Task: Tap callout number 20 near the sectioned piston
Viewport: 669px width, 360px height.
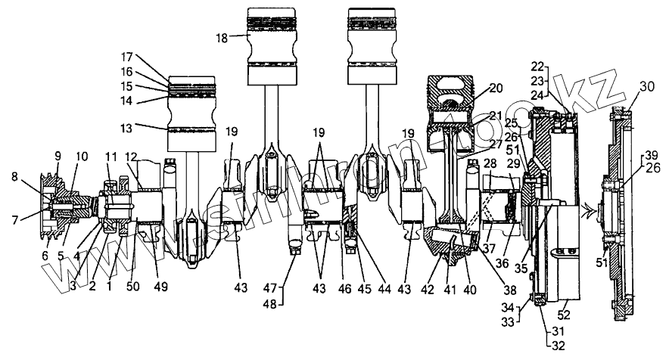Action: click(x=495, y=88)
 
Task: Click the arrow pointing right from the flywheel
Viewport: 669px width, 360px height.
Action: click(x=587, y=213)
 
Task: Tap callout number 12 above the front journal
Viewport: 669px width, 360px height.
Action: click(x=132, y=157)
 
